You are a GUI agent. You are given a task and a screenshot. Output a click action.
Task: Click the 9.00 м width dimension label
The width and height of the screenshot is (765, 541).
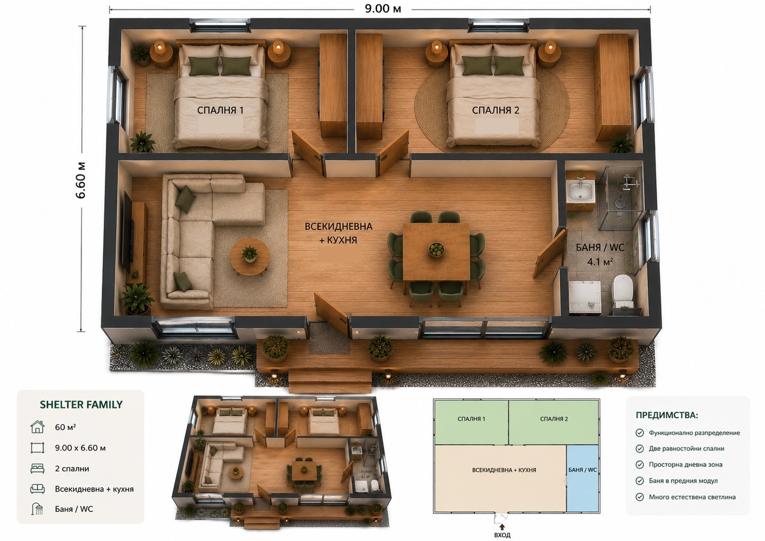[383, 9]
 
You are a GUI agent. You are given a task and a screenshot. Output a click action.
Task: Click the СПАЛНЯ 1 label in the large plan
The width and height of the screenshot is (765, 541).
[220, 110]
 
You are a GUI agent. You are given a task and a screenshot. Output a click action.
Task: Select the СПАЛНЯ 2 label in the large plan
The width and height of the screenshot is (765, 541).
[495, 110]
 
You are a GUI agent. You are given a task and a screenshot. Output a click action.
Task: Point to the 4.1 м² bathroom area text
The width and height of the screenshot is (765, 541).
[600, 262]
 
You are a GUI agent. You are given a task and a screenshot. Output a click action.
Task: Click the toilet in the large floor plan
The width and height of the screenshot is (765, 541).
[622, 291]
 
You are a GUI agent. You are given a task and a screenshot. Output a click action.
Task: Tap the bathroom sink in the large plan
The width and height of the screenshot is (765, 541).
[580, 191]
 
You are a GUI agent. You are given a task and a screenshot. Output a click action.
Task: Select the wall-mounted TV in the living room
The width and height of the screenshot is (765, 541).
[128, 233]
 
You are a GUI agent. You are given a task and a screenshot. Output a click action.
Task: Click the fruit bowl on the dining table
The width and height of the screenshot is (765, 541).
[436, 249]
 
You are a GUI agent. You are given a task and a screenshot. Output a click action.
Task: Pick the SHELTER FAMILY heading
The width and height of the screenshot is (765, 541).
[82, 404]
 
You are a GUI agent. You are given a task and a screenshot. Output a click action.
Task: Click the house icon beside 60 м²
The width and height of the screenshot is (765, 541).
[37, 427]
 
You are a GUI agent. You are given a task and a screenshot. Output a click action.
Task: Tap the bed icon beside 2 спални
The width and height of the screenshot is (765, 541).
[37, 468]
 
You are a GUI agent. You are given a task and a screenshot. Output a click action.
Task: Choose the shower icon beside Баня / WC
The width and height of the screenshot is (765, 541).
[37, 509]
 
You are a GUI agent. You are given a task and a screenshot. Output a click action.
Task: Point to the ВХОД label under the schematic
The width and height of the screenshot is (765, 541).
[502, 535]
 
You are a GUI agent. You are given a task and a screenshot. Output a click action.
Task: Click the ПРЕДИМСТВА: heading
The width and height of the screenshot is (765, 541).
[667, 415]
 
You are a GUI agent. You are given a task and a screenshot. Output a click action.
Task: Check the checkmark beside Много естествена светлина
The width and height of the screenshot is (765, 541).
[640, 497]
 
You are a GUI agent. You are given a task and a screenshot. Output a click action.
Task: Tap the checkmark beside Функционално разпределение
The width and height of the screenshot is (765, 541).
[640, 433]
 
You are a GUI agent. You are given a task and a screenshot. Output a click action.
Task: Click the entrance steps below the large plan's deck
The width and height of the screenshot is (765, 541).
[330, 382]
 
